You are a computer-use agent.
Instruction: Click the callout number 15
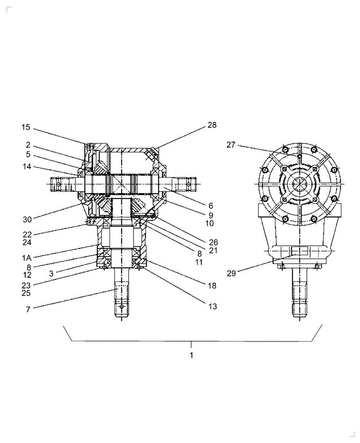(26, 128)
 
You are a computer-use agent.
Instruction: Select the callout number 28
(212, 125)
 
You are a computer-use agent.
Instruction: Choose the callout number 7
(28, 310)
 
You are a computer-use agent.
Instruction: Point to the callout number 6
(211, 206)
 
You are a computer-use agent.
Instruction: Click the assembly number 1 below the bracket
(191, 355)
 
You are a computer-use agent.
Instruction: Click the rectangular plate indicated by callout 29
(300, 251)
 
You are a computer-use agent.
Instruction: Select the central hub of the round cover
(300, 182)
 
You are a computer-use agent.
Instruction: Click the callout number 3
(51, 274)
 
